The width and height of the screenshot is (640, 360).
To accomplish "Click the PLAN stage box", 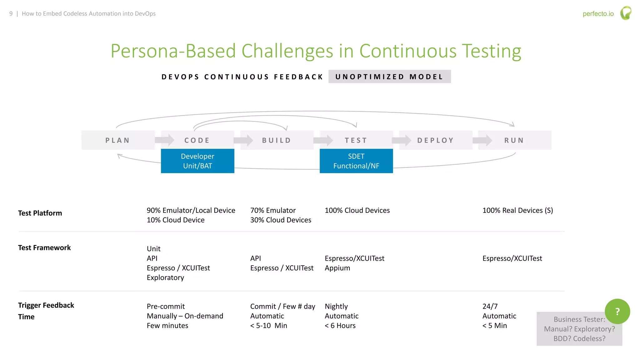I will [x=118, y=140].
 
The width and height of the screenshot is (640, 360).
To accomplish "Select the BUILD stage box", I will [x=277, y=140].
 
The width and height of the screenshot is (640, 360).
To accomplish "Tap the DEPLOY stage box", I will [x=435, y=140].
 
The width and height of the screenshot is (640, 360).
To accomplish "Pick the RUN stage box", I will [x=514, y=140].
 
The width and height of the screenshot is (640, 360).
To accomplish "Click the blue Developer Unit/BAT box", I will [x=197, y=161].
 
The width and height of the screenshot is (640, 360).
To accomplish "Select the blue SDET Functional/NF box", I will [x=356, y=161].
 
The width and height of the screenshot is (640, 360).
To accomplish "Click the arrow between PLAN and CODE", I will [x=165, y=140].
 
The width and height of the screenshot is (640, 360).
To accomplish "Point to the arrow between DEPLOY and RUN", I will [x=482, y=140].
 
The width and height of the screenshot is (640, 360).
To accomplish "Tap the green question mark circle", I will [x=617, y=312].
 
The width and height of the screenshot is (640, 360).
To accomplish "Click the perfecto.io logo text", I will [x=598, y=14].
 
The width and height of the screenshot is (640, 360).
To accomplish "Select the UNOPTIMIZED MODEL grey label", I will [x=389, y=77].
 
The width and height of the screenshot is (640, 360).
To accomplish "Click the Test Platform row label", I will [x=40, y=213].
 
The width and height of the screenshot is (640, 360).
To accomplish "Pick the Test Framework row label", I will [x=44, y=248].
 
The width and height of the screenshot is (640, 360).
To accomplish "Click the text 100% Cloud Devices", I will [x=357, y=211].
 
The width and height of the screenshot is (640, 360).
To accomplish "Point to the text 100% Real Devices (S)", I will [x=517, y=211].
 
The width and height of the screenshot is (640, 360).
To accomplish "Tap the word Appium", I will [x=337, y=268].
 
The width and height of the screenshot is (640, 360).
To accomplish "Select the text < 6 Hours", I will [x=340, y=326].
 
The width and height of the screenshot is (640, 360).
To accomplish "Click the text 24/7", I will [x=490, y=307].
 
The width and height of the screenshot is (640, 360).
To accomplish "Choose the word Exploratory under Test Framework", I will [x=165, y=278].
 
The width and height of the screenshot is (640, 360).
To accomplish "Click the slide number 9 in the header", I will [x=11, y=14].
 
